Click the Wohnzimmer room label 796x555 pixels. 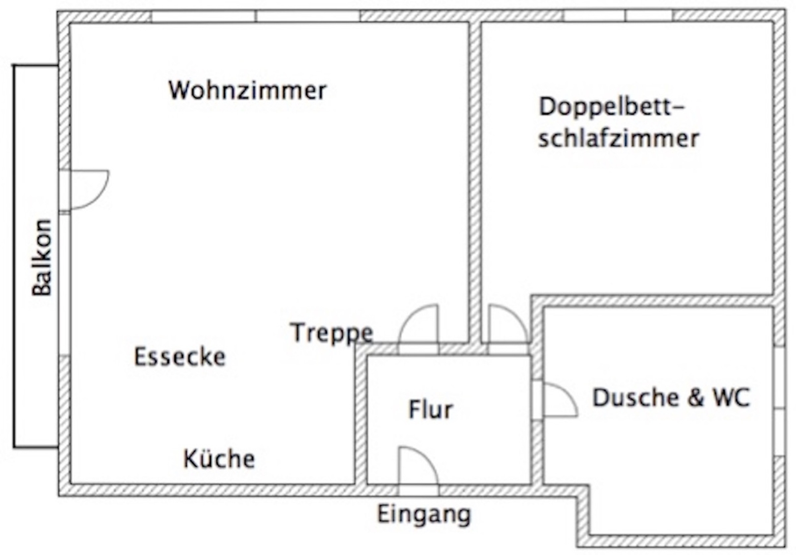pyautogui.click(x=247, y=91)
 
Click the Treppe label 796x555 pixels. pyautogui.click(x=332, y=333)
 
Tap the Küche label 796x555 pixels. pyautogui.click(x=219, y=459)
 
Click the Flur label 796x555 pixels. pyautogui.click(x=431, y=410)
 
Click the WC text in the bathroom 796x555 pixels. pyautogui.click(x=732, y=398)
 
